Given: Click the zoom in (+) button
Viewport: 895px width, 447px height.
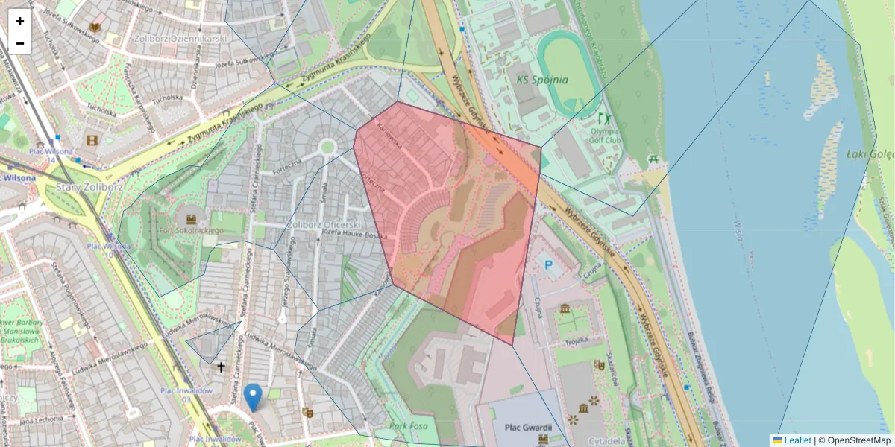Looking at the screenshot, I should (x=20, y=21).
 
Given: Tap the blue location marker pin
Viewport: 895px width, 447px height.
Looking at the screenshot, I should (x=254, y=396).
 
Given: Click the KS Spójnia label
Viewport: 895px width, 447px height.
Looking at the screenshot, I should (x=542, y=79).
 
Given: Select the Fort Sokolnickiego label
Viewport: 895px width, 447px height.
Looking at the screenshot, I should (x=189, y=231).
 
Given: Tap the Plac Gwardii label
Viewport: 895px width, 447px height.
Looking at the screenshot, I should (x=527, y=427).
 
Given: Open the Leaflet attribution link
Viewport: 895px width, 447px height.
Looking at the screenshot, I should (x=797, y=440).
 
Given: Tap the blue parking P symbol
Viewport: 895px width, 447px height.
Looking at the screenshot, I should (x=549, y=265).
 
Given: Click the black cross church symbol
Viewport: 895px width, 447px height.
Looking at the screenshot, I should (x=221, y=367).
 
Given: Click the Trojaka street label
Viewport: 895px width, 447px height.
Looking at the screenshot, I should (x=576, y=341).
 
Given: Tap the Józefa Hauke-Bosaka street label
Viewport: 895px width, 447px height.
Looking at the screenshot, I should (x=356, y=235).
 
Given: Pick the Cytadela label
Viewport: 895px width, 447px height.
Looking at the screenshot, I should (x=606, y=440).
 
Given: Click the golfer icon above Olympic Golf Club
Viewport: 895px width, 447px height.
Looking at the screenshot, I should (x=603, y=118).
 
